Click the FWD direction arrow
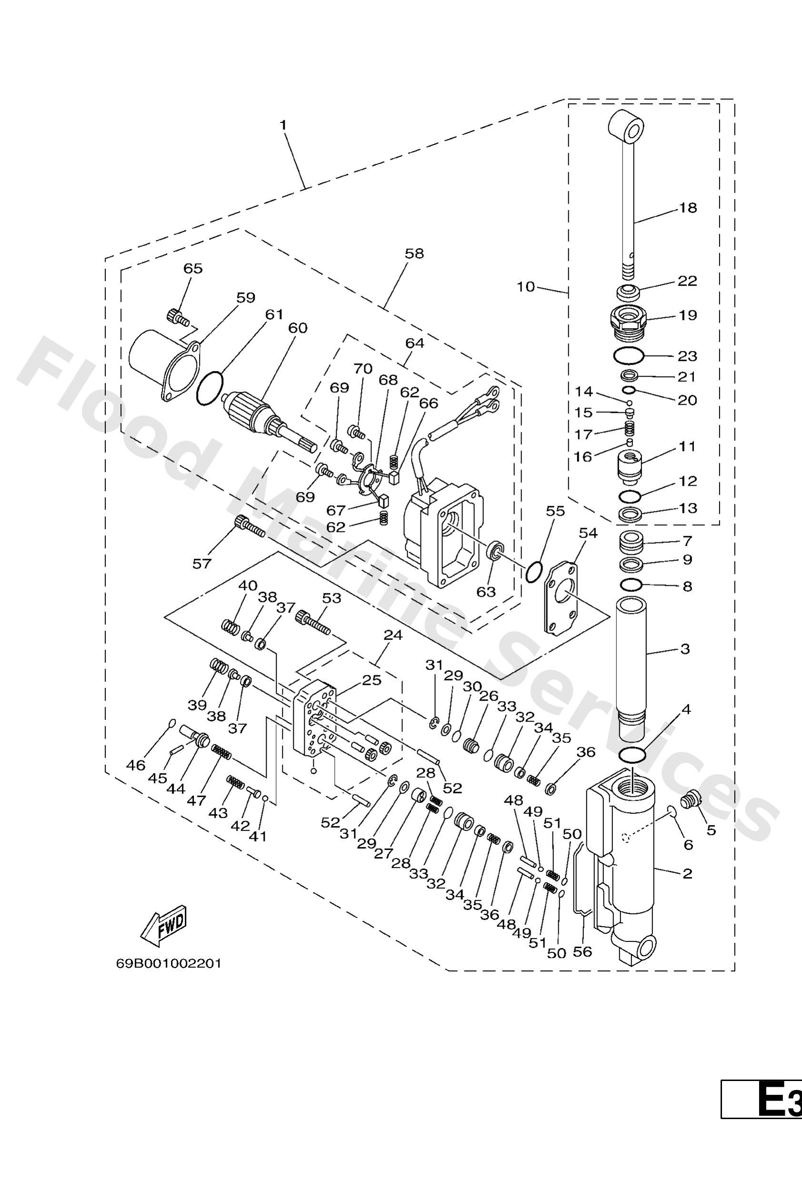164,925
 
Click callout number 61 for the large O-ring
274,315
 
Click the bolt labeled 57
249,526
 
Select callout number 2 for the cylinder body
687,873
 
